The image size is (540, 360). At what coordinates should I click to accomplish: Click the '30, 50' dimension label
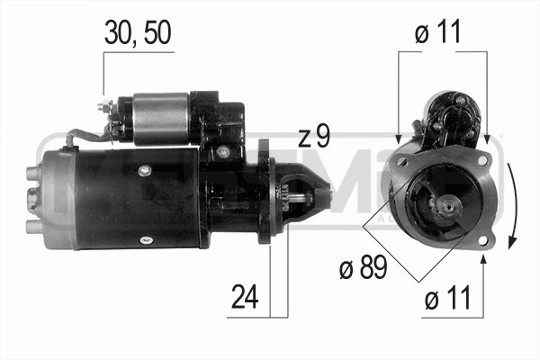coord(137,32)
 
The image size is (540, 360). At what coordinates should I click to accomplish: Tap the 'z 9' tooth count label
coord(314,137)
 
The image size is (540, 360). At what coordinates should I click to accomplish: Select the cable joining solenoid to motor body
coord(85,137)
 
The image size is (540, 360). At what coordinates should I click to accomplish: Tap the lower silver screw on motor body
coord(141,238)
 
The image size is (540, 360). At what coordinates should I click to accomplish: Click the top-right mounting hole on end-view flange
coord(482,160)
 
